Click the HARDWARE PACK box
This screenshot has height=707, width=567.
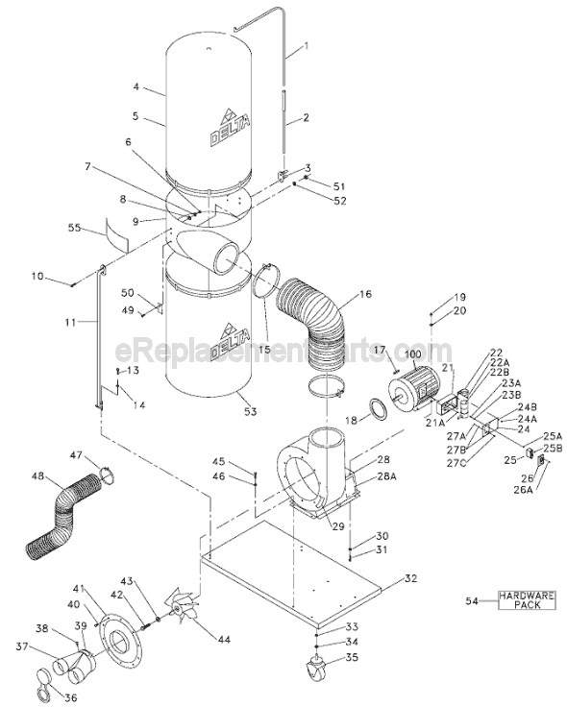pos(526,600)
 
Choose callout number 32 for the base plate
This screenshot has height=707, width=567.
pos(411,578)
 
